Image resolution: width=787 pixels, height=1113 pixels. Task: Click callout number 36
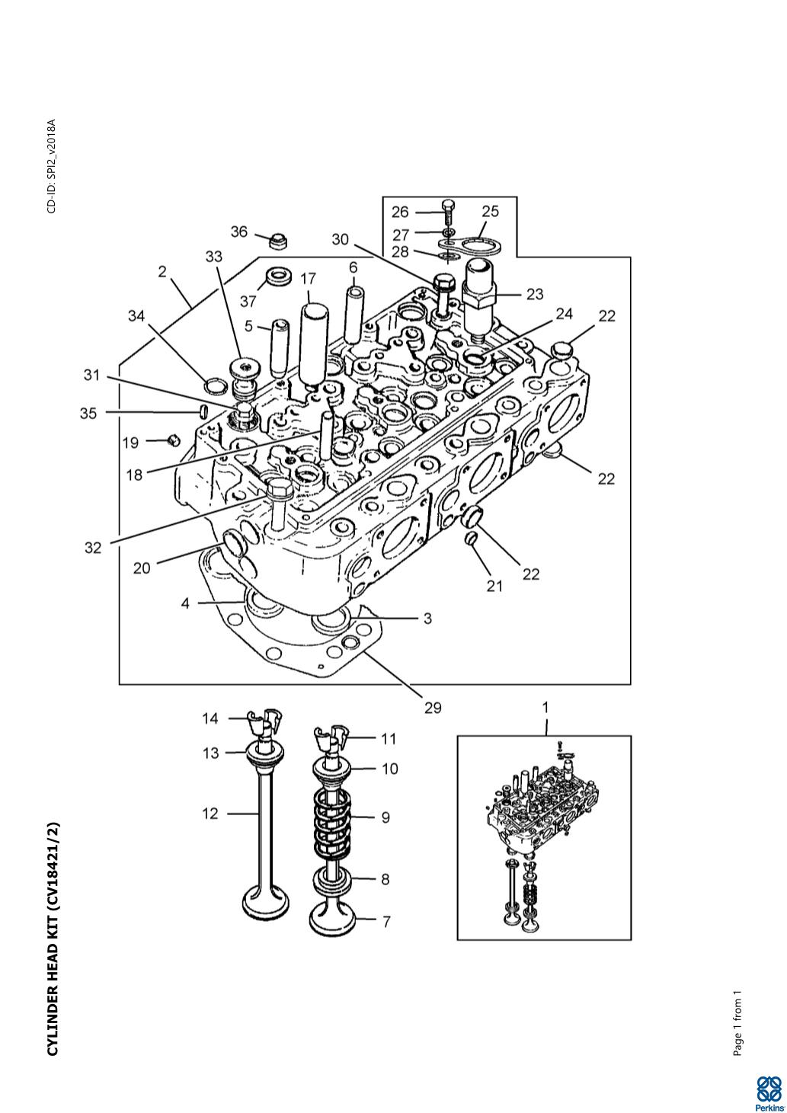[x=239, y=232]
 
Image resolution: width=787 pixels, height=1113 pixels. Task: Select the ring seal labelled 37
[x=278, y=276]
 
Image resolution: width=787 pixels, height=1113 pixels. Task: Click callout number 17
[x=308, y=279]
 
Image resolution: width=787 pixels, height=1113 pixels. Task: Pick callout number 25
[x=490, y=211]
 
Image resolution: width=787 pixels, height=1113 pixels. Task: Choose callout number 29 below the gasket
[x=433, y=708]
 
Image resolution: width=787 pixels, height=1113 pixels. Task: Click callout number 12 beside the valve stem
[x=210, y=814]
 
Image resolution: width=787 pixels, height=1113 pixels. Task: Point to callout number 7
[x=386, y=922]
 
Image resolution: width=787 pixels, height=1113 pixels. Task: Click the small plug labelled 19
[x=173, y=440]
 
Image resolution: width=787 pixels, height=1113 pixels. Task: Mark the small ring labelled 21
[x=471, y=539]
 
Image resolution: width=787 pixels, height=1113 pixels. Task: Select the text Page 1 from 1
[x=737, y=1024]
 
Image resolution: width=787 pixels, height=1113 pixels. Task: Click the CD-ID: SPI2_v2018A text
[x=51, y=166]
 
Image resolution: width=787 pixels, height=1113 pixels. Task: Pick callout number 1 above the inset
[x=545, y=708]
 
